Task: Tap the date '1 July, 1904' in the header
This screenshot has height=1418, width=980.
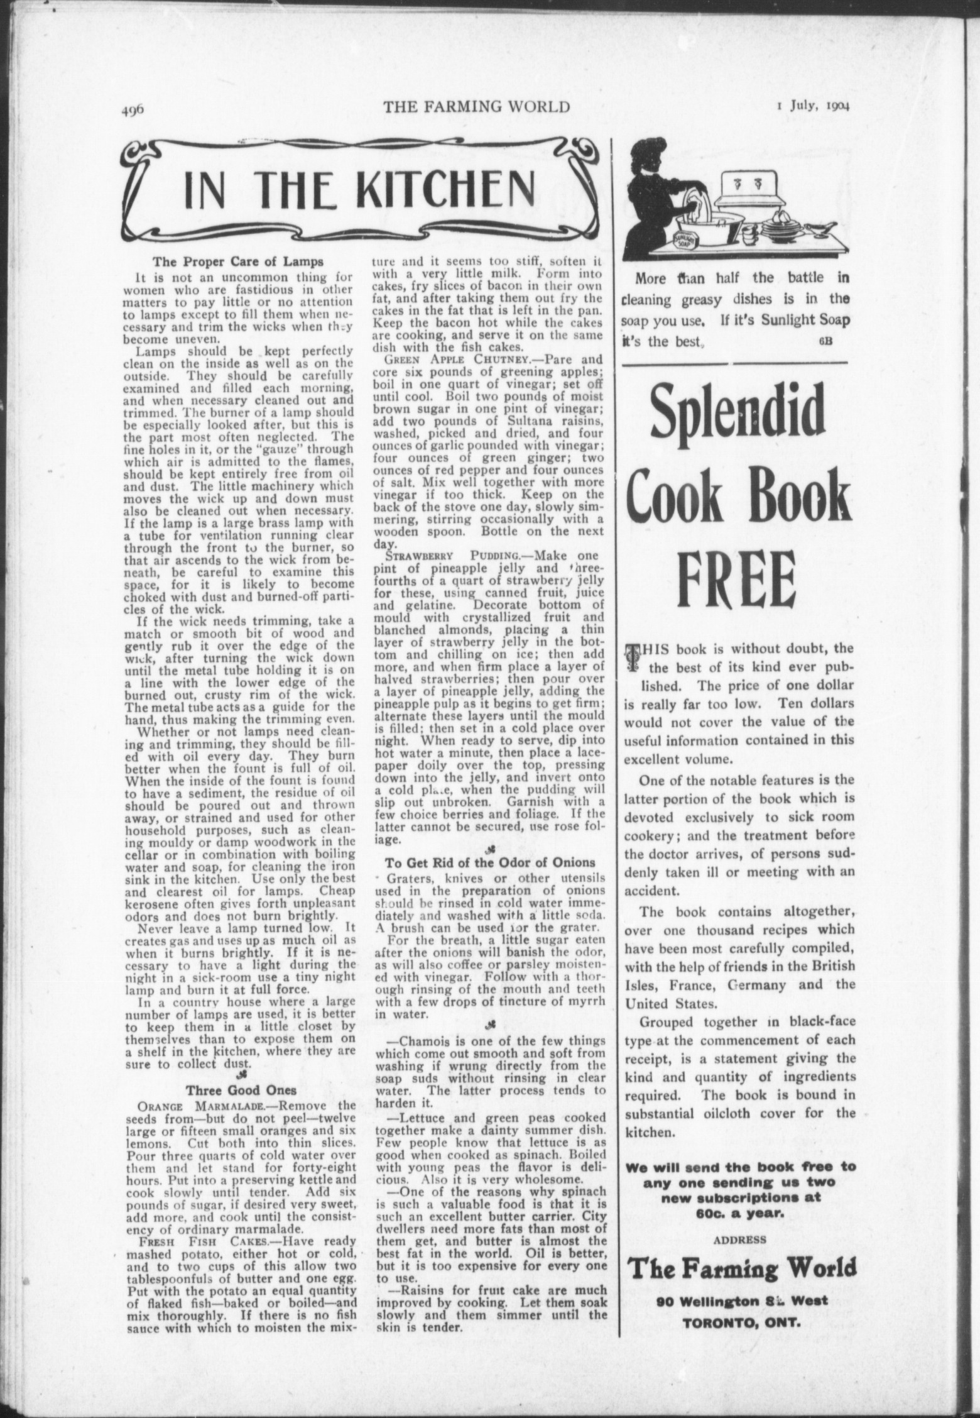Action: click(x=812, y=106)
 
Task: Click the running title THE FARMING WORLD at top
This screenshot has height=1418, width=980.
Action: click(x=477, y=107)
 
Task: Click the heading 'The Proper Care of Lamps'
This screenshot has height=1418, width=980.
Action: click(x=239, y=262)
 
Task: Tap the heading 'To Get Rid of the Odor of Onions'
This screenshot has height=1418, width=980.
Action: click(x=489, y=862)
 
